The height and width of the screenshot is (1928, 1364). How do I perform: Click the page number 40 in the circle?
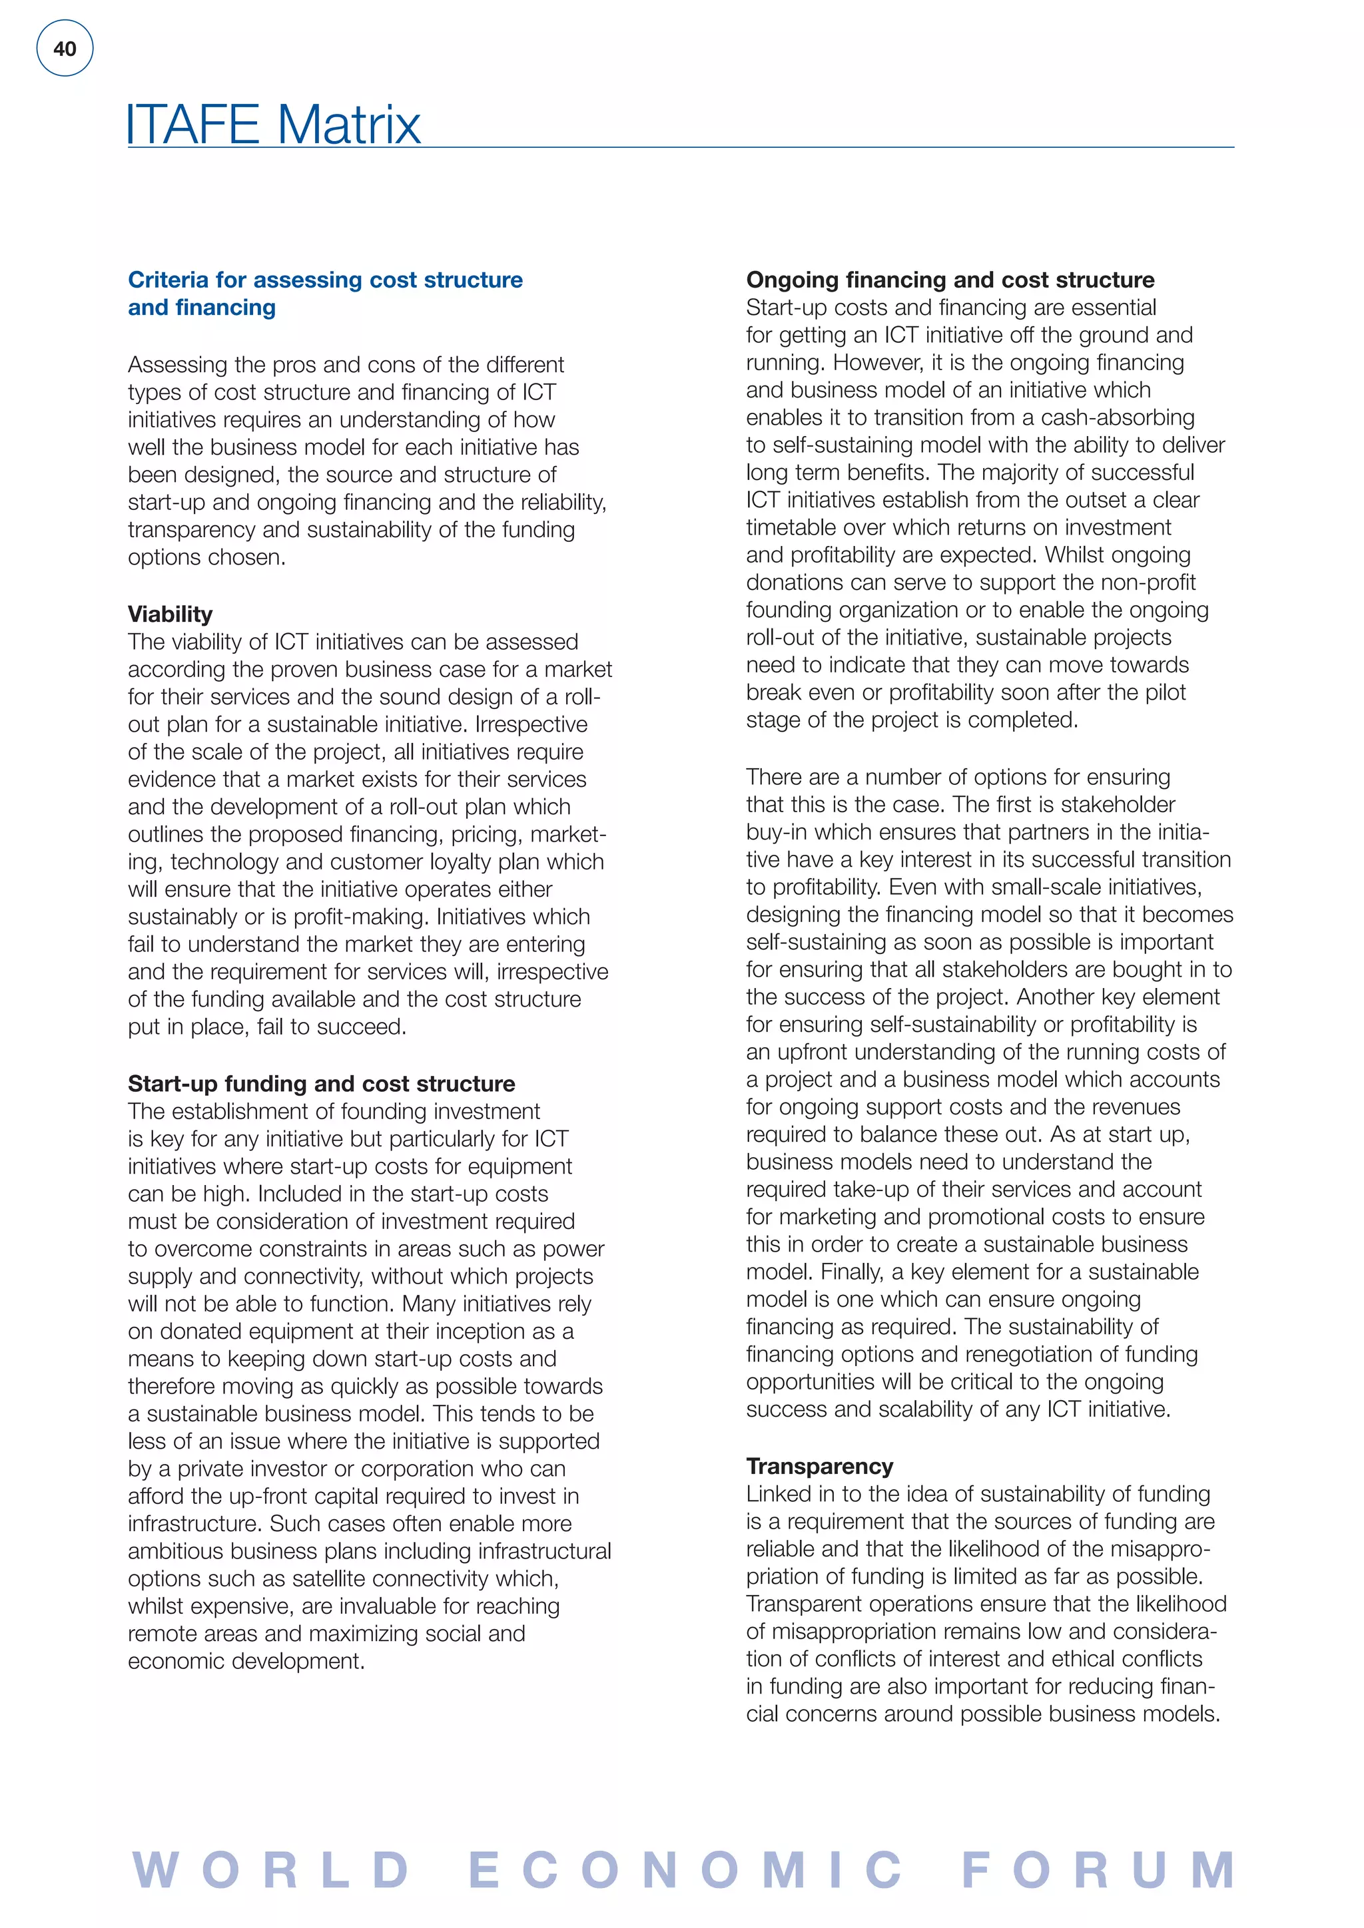65,49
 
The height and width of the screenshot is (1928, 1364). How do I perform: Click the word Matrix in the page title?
348,125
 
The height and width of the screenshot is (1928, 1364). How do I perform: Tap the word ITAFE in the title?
193,125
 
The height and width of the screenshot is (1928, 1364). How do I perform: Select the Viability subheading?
170,614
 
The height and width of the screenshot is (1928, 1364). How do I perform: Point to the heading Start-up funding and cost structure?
321,1083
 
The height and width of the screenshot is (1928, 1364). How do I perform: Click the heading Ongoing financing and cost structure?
949,280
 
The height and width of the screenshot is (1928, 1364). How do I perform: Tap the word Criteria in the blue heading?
168,280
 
